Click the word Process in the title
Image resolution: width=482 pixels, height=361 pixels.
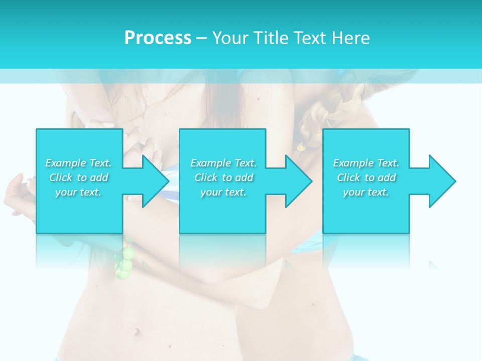pos(158,38)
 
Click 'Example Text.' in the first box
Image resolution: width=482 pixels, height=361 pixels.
pos(78,163)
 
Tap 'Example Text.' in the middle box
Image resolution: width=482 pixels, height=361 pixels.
pos(223,163)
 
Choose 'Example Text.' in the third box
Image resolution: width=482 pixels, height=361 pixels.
pos(366,163)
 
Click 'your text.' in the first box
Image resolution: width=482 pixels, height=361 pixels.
pos(78,192)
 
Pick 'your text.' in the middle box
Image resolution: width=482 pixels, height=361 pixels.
pos(223,192)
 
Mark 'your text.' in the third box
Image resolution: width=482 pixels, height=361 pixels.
pos(366,192)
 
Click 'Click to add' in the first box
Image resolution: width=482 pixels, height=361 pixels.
pos(78,177)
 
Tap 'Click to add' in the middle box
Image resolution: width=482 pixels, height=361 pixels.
pos(223,177)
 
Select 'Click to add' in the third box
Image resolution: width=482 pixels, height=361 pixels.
pos(366,177)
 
